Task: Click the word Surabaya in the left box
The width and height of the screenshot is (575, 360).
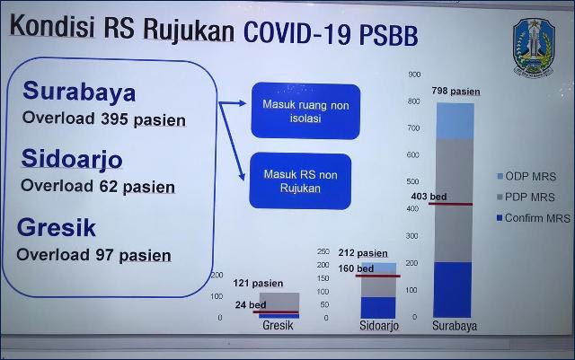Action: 80,92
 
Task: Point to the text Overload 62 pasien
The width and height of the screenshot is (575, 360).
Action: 98,187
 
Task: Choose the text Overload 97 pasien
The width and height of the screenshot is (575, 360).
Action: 94,255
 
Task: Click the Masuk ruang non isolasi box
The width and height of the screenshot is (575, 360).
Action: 305,110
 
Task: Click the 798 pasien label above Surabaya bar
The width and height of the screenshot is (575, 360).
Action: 455,91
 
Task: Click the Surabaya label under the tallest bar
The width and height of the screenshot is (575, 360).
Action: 455,326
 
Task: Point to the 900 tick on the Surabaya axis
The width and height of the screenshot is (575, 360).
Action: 412,75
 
